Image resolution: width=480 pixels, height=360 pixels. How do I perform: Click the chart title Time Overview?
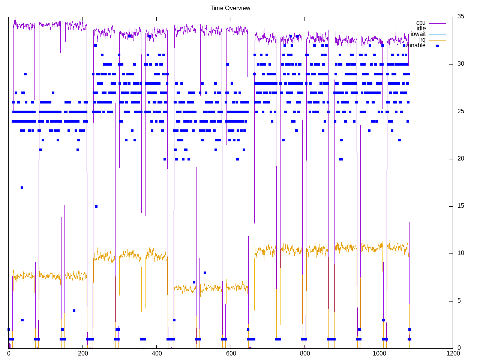(230, 8)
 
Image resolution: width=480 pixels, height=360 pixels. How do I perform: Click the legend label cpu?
(421, 23)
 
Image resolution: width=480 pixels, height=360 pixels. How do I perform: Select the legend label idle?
(421, 28)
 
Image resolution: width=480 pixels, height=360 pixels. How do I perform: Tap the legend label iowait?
(418, 34)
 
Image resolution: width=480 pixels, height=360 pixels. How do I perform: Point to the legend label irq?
(422, 40)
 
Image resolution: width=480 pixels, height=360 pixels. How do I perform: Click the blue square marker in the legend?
(437, 46)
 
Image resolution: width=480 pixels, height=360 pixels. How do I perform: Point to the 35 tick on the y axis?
(460, 16)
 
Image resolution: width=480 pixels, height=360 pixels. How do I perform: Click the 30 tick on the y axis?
(460, 64)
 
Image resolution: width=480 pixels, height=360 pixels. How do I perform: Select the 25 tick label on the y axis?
(460, 111)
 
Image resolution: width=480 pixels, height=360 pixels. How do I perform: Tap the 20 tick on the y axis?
(460, 159)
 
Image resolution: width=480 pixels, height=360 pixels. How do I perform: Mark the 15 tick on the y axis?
(460, 206)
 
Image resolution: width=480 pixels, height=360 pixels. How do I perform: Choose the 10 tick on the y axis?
(460, 253)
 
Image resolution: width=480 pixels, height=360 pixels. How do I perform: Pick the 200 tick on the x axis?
(82, 353)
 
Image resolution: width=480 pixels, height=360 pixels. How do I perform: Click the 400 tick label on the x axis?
(157, 353)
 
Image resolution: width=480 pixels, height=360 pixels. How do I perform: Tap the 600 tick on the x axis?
(231, 353)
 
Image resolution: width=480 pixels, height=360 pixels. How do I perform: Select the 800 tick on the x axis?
(305, 353)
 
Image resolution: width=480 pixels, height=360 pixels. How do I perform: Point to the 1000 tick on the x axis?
(379, 353)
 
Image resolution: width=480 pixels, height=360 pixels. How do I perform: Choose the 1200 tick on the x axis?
(453, 353)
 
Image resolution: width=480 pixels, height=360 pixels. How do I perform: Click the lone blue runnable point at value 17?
(22, 187)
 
